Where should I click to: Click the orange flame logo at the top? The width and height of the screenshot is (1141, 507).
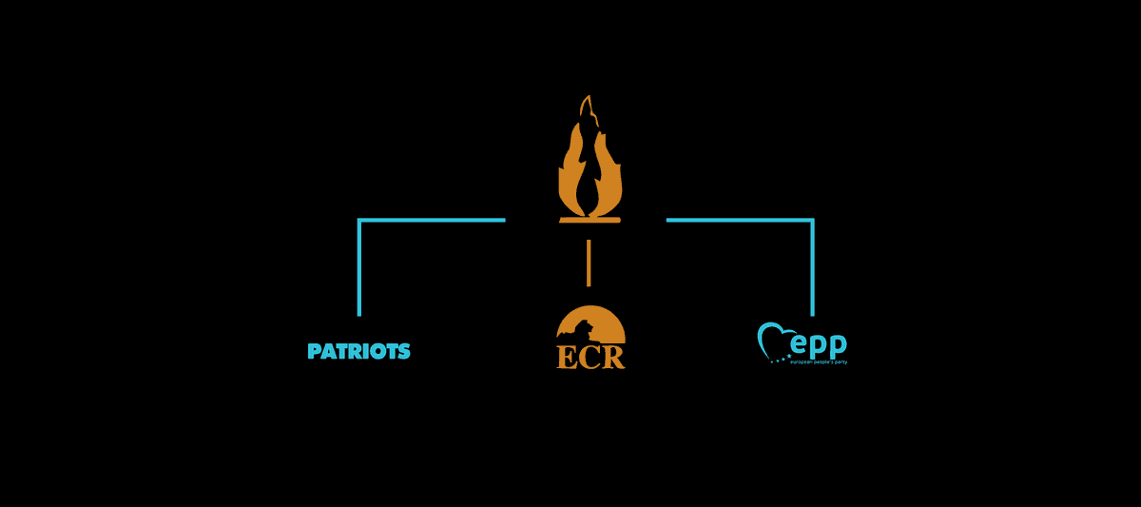tap(590, 166)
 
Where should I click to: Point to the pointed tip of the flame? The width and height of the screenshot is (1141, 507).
tap(590, 97)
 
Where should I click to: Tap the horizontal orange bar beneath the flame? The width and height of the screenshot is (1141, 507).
tap(590, 220)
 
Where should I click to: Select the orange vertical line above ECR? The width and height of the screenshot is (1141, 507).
tap(590, 263)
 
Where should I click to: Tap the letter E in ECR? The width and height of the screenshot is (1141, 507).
tap(567, 357)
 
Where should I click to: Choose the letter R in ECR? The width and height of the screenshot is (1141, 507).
tap(614, 357)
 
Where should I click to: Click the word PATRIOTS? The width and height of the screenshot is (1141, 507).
tap(359, 352)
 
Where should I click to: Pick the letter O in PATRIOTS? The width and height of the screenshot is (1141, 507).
tap(375, 352)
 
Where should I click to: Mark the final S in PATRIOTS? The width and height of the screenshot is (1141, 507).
tap(404, 352)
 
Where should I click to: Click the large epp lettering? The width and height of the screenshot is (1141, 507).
tap(816, 343)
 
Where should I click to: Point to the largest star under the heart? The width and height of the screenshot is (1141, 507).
tap(787, 359)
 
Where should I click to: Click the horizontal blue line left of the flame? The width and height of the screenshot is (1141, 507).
tap(433, 221)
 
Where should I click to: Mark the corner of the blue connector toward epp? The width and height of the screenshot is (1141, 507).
tap(812, 221)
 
